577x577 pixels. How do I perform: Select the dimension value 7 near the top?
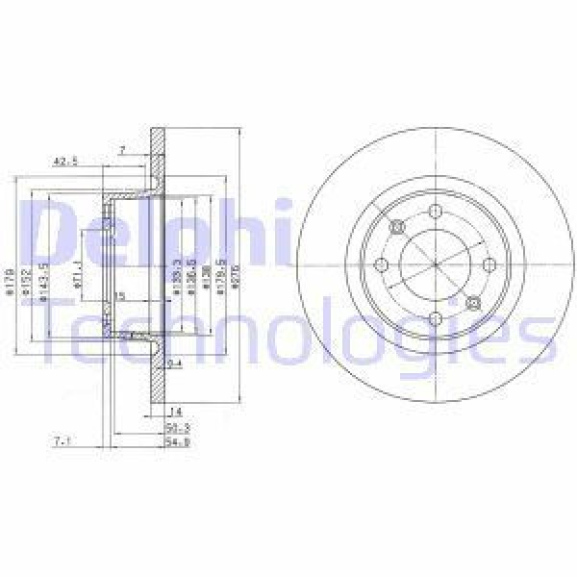click(122, 149)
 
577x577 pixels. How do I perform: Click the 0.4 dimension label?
click(174, 364)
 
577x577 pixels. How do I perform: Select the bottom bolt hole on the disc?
click(435, 319)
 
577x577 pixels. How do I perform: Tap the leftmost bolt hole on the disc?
click(381, 265)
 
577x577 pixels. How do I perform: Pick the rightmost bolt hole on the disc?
click(489, 265)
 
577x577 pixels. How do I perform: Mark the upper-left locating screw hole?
click(396, 227)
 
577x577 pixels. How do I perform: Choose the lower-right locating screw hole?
click(472, 304)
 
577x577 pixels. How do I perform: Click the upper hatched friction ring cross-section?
click(158, 163)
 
